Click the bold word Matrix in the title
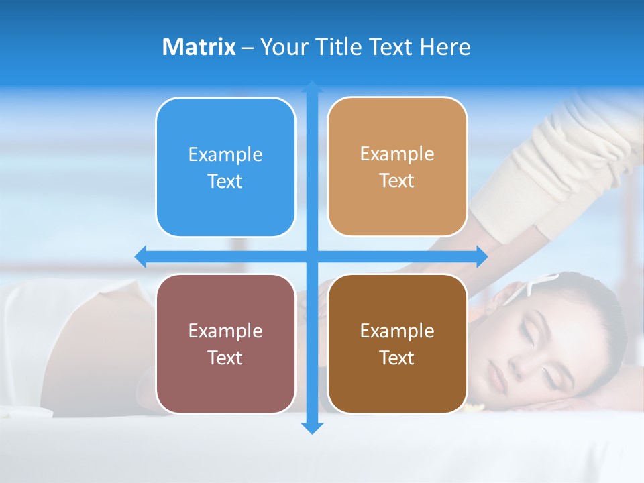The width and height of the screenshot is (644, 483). coord(199,47)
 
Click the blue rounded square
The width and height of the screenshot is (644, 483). coord(225,167)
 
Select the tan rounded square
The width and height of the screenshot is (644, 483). coord(397,166)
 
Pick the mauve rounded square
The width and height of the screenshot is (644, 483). coord(225,343)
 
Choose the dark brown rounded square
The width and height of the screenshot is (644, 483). coord(397,343)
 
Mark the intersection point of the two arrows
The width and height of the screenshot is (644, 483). coord(312,256)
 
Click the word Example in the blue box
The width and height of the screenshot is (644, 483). coord(225,155)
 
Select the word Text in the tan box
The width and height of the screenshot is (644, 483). coord(397,181)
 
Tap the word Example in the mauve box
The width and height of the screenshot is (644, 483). coord(225,331)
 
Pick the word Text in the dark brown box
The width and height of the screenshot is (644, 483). coord(397,358)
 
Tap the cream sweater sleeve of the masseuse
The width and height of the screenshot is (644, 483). coord(577,168)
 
